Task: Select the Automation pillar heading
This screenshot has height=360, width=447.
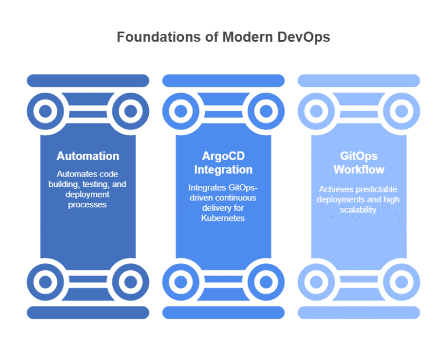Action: coord(88,156)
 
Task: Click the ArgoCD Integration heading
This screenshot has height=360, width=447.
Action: coord(223,163)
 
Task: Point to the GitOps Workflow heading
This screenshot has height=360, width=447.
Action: coord(359,163)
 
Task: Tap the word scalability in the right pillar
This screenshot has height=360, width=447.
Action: coord(359,210)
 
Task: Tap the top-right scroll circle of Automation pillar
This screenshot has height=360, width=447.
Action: coord(131,111)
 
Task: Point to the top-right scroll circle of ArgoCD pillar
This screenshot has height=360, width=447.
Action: coord(267,111)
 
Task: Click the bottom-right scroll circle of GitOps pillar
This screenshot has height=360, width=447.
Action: coord(402,283)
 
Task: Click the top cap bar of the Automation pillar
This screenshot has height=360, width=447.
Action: coord(88,81)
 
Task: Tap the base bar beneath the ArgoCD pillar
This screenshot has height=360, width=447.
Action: coord(223,313)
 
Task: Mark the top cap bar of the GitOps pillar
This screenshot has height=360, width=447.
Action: coord(359,81)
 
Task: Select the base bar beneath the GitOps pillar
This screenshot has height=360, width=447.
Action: coord(359,313)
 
